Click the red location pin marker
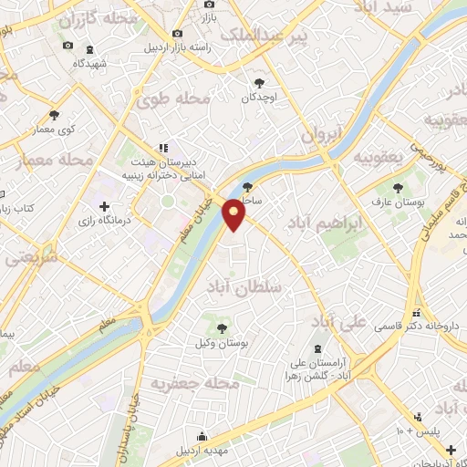(235, 214)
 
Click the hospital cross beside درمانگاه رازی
(104, 208)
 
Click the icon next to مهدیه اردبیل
(202, 436)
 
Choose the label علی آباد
(338, 323)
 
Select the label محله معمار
(56, 161)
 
